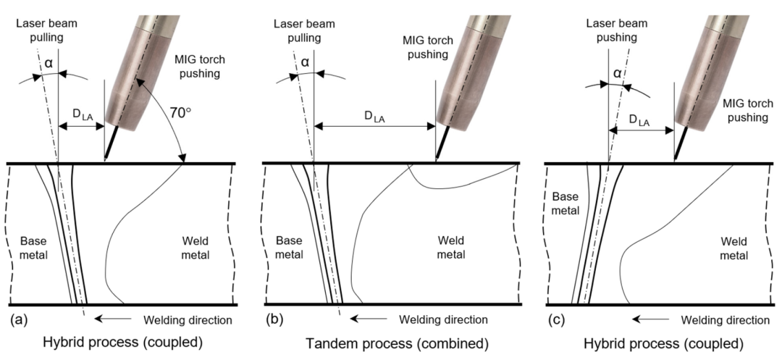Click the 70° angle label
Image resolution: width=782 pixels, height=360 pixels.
180,113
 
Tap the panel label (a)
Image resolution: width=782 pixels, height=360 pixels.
19,319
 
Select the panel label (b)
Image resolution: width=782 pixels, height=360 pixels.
275,319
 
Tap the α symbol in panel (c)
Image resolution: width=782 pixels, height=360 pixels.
618,73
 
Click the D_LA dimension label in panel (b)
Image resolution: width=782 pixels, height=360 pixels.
375,117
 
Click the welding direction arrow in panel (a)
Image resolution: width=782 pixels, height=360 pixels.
113,318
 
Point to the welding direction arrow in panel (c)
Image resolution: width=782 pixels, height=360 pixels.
649,318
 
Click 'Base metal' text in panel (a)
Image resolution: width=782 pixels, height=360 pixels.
33,248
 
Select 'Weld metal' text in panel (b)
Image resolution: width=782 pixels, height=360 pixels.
451,248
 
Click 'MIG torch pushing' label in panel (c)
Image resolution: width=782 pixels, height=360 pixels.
745,110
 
